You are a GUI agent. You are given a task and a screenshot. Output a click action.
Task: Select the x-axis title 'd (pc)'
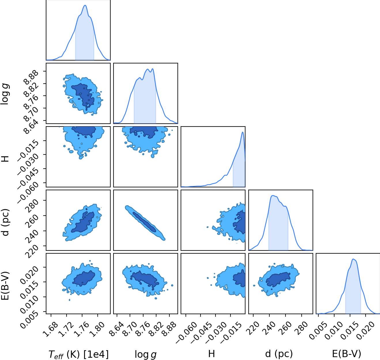(279, 354)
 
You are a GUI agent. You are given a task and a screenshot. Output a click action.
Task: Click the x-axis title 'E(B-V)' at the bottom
(347, 354)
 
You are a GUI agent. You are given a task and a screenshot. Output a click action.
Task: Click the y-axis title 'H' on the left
(5, 159)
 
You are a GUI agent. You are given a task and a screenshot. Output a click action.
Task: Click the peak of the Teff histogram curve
(85, 5)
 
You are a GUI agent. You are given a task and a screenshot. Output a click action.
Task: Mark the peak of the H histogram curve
(243, 132)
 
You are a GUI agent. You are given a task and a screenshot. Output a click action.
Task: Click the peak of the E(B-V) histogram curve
(353, 259)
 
